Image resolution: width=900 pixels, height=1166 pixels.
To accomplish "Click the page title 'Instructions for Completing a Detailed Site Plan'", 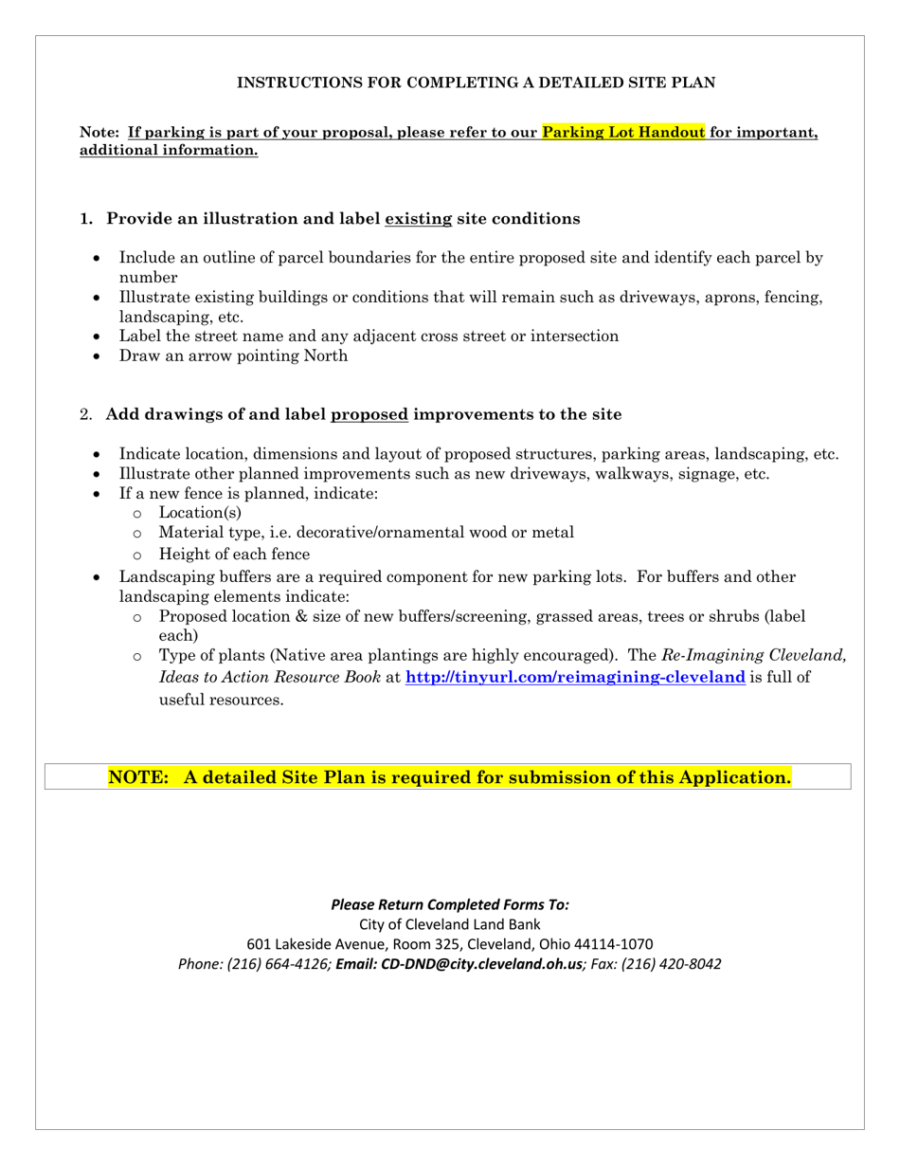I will pos(476,83).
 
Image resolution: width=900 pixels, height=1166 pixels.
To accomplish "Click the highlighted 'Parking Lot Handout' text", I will pos(623,133).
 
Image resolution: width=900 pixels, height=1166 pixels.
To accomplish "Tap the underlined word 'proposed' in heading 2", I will pos(369,414).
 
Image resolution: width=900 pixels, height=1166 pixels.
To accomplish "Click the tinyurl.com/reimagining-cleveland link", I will pos(575,678).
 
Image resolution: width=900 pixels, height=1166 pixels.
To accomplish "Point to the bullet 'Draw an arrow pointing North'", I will pos(233,356).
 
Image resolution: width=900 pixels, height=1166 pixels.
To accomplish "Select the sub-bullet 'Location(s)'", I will pos(200,513).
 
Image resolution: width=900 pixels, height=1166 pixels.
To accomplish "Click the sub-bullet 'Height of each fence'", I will pos(234,555).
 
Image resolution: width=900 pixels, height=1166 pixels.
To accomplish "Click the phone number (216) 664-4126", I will pos(279,964).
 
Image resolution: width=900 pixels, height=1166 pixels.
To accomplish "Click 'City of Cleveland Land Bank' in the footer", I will pos(450,924).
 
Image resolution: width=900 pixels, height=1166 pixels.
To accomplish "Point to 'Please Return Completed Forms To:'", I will pos(450,904).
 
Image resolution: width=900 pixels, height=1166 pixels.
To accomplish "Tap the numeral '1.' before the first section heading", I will pos(86,219).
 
